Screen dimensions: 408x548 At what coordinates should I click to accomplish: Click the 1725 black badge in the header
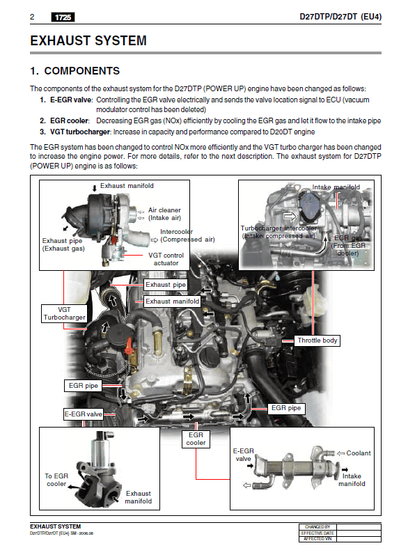[x=63, y=17]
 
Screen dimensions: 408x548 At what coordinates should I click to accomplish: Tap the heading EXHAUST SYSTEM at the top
[x=88, y=40]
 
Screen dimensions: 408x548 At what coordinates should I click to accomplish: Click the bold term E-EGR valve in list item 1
[x=70, y=100]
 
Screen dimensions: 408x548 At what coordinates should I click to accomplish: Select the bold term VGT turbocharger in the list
[x=80, y=132]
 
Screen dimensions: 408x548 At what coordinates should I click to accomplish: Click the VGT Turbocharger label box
[x=64, y=313]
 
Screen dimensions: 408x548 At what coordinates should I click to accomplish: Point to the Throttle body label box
[x=317, y=340]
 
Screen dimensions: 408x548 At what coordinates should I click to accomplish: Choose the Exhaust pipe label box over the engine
[x=166, y=285]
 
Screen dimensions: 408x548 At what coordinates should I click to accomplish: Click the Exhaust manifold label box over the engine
[x=172, y=302]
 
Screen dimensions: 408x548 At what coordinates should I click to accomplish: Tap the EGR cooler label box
[x=196, y=439]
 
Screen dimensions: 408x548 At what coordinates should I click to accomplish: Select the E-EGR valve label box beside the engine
[x=83, y=414]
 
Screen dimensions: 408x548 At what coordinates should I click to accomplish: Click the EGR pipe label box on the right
[x=286, y=408]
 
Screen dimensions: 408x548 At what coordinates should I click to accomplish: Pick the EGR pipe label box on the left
[x=83, y=386]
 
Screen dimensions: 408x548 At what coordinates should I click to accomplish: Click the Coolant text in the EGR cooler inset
[x=359, y=453]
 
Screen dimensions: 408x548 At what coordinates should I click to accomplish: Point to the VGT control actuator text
[x=166, y=259]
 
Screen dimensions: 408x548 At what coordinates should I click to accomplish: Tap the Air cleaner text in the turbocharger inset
[x=164, y=210]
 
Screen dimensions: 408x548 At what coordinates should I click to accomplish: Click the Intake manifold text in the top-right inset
[x=336, y=187]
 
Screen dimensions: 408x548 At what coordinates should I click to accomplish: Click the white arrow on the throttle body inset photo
[x=290, y=217]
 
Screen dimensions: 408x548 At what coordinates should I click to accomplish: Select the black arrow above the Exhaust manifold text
[x=94, y=189]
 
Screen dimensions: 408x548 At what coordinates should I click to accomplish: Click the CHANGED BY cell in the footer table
[x=317, y=527]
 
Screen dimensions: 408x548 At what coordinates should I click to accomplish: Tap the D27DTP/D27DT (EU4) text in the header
[x=340, y=17]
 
